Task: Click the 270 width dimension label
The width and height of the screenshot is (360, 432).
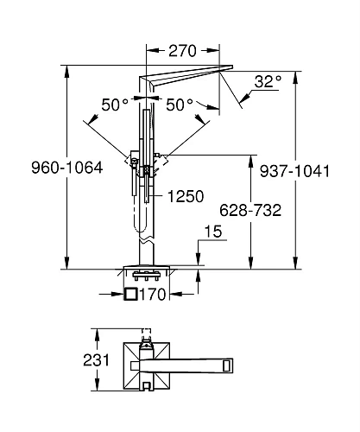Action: point(182,51)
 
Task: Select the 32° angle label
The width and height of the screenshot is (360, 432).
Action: point(268,81)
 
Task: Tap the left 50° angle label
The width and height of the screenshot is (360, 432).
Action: point(115,105)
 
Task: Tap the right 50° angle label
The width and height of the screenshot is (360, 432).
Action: point(180,105)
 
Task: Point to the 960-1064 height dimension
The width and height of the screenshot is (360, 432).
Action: point(66,168)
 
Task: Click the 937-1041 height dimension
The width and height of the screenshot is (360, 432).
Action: point(294,171)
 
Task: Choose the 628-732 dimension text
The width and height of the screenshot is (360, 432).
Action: point(250,210)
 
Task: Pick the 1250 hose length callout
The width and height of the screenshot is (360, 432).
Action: point(186,196)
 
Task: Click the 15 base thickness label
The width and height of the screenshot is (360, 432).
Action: point(213,232)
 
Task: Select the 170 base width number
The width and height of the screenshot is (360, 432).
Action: point(153,295)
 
